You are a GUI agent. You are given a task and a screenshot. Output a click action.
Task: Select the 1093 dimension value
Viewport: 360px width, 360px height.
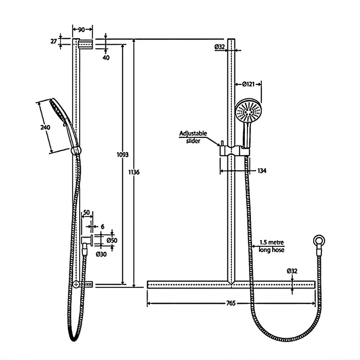(122, 154)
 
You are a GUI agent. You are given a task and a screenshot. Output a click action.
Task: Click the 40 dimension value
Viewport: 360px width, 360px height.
(106, 58)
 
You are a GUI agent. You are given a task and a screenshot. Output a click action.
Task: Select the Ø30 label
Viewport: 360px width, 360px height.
(101, 253)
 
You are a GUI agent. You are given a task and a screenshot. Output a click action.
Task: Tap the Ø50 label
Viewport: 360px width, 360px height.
(112, 240)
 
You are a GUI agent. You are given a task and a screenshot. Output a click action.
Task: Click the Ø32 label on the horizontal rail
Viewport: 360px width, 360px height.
(293, 271)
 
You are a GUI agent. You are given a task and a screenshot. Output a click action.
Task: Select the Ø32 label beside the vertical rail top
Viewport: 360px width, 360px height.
(220, 47)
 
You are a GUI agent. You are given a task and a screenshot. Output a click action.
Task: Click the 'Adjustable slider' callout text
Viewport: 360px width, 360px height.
(193, 137)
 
